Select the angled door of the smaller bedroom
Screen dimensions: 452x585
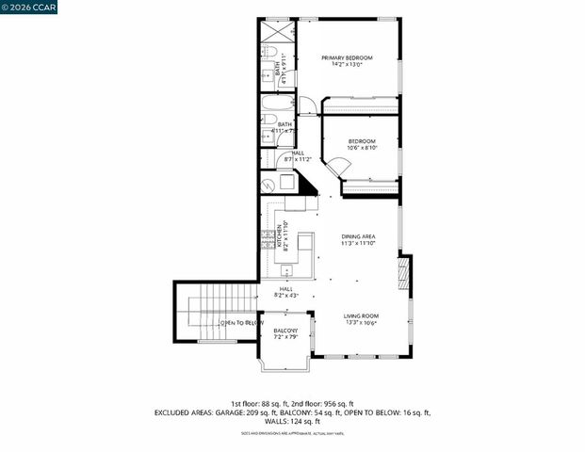[x=339, y=167]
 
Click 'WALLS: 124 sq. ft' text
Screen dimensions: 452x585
[x=292, y=421]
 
